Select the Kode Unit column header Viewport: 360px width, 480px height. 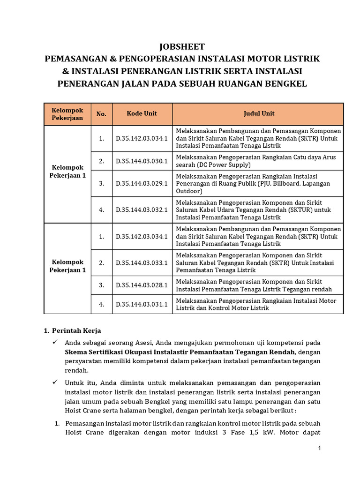click(142, 113)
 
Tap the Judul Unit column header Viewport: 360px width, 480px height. click(259, 113)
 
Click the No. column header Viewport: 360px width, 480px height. click(101, 114)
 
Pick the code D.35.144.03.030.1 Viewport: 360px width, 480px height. click(142, 161)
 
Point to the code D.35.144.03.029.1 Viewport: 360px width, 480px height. click(142, 183)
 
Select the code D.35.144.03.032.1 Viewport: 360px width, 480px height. click(142, 210)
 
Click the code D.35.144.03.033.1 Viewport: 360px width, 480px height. click(142, 262)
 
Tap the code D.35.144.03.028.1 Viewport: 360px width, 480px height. click(142, 285)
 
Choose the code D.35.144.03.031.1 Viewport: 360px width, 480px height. click(142, 304)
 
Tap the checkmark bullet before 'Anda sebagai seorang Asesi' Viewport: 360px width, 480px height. click(55, 342)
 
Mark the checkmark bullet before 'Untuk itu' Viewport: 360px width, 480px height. click(55, 382)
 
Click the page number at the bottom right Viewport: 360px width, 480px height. click(319, 449)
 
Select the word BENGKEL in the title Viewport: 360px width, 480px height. click(285, 84)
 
